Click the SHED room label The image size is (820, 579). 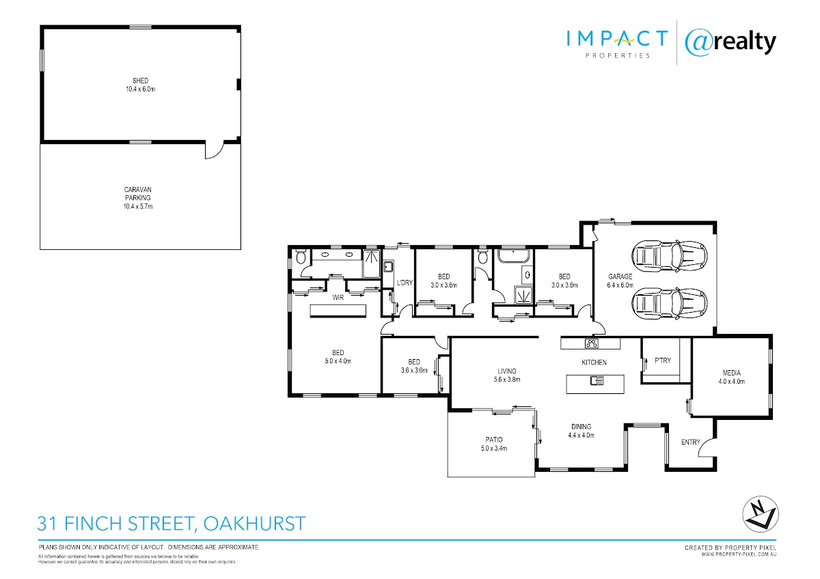[140, 81]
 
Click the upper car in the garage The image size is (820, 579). [670, 257]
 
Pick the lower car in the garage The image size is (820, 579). [670, 303]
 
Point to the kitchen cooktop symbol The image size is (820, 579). [592, 343]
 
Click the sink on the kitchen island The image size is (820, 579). [597, 381]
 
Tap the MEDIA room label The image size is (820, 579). [731, 373]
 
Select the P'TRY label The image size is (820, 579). [663, 361]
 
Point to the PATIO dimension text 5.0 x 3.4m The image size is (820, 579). [494, 449]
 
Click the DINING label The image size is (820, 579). [581, 427]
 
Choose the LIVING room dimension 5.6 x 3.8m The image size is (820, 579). [506, 380]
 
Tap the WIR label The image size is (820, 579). [338, 298]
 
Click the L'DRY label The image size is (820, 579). [405, 283]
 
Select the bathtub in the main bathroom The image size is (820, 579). [513, 256]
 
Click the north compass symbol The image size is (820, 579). [761, 514]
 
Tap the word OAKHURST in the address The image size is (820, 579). [254, 524]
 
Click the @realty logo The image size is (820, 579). [730, 44]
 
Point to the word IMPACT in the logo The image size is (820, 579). [617, 39]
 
